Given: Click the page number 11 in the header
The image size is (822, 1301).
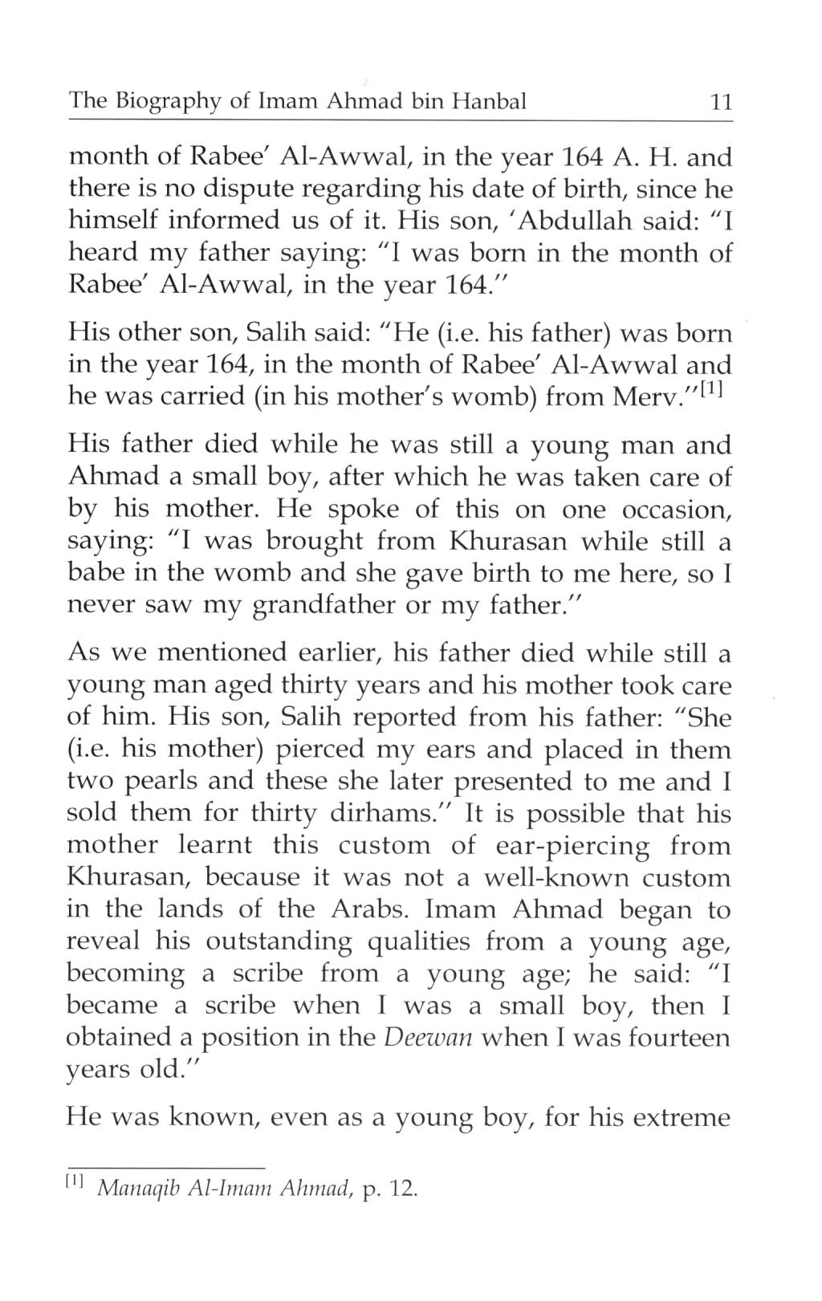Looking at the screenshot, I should click(717, 104).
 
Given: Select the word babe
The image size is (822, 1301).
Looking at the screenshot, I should click(93, 574).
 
